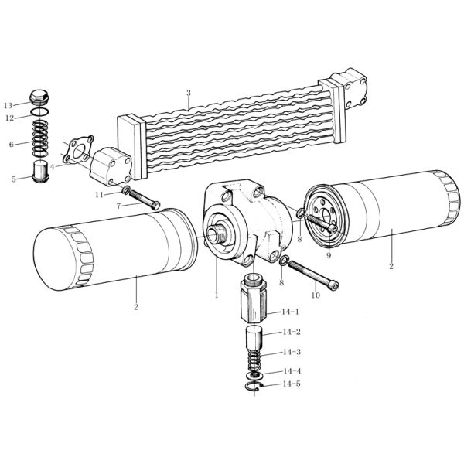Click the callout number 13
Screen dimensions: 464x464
8,105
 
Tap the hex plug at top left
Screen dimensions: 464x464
39,97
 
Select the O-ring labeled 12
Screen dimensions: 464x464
40,112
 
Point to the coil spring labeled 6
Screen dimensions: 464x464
40,138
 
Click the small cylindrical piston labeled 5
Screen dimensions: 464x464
40,172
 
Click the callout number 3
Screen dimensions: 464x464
189,94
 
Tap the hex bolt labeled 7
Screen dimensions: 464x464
144,200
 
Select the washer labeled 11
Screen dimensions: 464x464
125,190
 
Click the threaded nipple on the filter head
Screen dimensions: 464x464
217,234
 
